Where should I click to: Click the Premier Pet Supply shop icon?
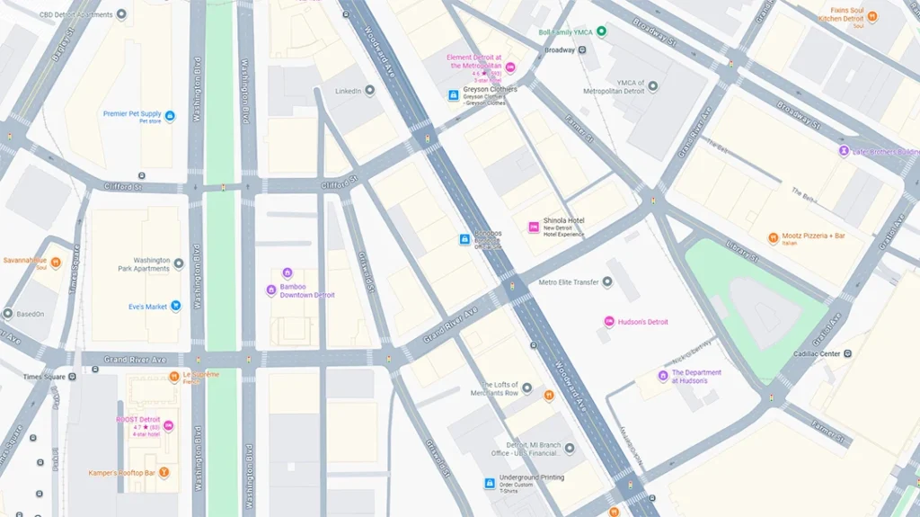coord(170,116)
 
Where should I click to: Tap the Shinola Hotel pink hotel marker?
coord(533,227)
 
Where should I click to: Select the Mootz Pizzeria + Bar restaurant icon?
coord(773,238)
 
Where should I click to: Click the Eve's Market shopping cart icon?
coord(175,306)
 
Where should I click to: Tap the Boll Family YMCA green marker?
coord(602,31)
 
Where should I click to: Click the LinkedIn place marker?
coord(369,91)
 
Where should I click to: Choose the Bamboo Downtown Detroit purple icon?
coord(270,290)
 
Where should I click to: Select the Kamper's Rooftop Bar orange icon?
coord(164,473)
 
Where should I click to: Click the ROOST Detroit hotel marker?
coord(168,426)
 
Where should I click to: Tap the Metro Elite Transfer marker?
coord(606,282)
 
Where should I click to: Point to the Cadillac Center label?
coord(817,354)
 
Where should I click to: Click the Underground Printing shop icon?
coord(490,483)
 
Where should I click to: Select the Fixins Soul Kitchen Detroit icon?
coord(872,15)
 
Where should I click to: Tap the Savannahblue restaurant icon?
coord(56,263)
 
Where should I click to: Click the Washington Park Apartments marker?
coord(178,263)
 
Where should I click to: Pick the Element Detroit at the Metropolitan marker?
coord(510,67)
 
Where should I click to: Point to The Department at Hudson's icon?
coord(663,376)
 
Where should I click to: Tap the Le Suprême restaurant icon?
coord(175,375)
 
